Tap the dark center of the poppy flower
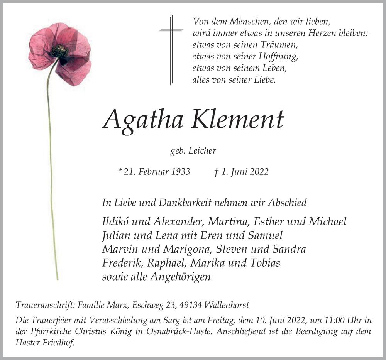tap(60, 51)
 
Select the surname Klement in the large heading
tap(237, 119)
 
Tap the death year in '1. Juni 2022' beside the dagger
tap(258, 172)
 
